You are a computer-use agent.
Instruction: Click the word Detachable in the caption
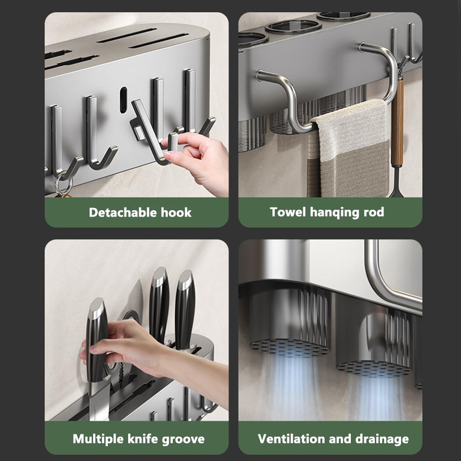pyautogui.click(x=122, y=212)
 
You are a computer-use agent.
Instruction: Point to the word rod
pyautogui.click(x=374, y=212)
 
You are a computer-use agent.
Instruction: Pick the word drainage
pyautogui.click(x=382, y=439)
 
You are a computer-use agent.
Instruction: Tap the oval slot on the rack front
pyautogui.click(x=123, y=100)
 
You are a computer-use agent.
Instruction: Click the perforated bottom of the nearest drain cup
pyautogui.click(x=290, y=348)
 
